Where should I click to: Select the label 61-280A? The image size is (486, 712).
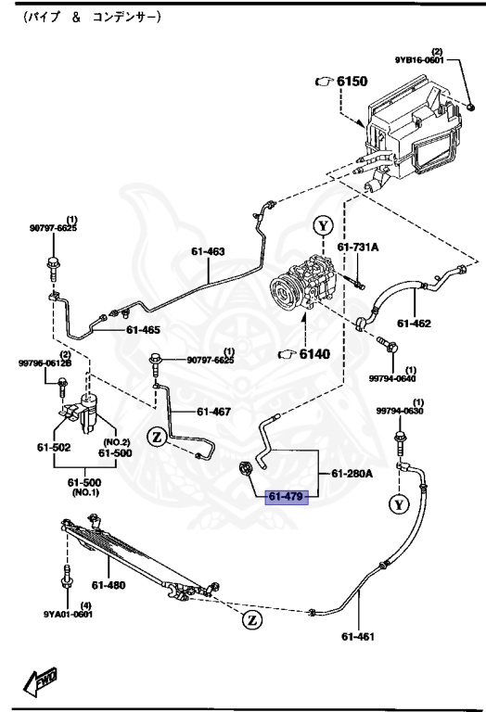pos(352,474)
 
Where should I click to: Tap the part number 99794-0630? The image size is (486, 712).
pos(399,411)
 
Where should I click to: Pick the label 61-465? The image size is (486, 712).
pos(143,329)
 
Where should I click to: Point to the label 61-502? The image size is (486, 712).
pos(54,449)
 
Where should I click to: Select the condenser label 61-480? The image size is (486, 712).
pos(109,584)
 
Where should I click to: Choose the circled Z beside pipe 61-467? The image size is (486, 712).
pos(158,438)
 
